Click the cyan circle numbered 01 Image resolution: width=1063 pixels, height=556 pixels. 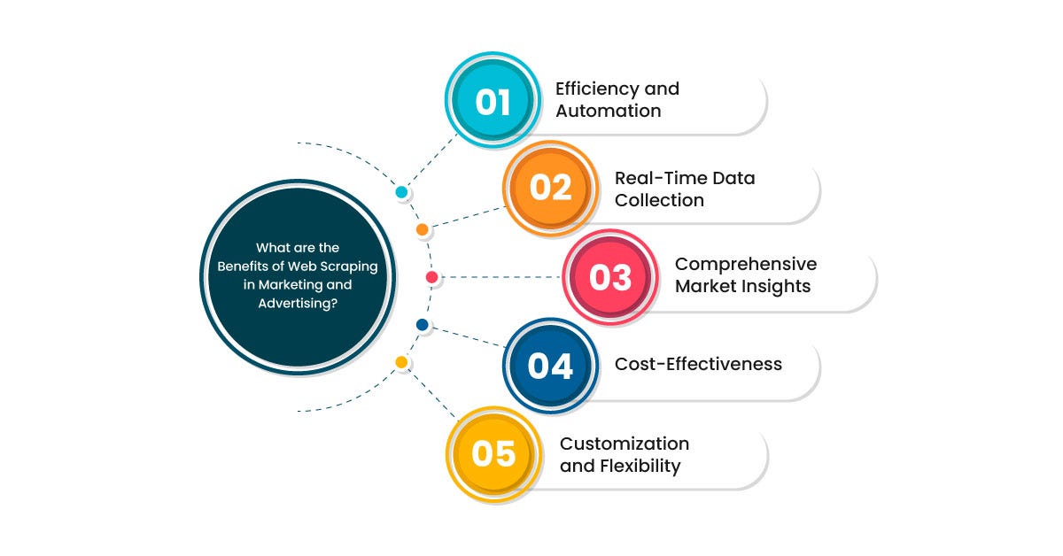[493, 100]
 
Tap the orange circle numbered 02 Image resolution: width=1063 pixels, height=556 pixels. [550, 189]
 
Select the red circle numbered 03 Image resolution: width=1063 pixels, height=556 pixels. [610, 277]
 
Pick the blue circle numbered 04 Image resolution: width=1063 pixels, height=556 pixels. [550, 366]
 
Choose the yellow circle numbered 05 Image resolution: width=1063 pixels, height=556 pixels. [493, 454]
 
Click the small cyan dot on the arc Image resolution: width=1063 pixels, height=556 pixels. [401, 192]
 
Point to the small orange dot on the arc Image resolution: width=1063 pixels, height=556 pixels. [423, 229]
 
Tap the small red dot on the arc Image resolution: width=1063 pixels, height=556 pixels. [432, 277]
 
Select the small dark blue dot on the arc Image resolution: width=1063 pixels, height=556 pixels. [423, 325]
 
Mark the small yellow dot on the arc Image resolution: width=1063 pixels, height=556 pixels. [401, 362]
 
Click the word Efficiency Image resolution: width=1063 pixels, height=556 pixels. [596, 89]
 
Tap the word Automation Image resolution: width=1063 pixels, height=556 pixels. [609, 111]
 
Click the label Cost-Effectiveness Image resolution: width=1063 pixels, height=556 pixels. [698, 365]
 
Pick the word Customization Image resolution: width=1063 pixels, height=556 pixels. [625, 444]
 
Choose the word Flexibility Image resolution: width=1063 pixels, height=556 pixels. [640, 467]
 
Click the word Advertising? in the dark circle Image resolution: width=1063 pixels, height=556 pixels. [298, 304]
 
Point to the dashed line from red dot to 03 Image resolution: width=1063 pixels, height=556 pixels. [500, 277]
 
